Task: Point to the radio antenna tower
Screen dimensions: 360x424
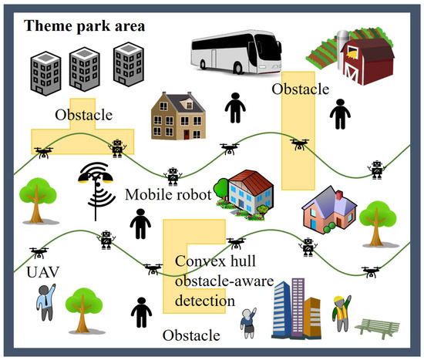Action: coord(94,190)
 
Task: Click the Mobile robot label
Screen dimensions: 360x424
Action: coord(167,196)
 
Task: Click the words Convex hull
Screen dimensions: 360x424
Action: coord(210,263)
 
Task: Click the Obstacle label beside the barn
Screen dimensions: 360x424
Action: coord(300,90)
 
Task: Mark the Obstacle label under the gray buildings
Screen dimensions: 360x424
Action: coord(83,115)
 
